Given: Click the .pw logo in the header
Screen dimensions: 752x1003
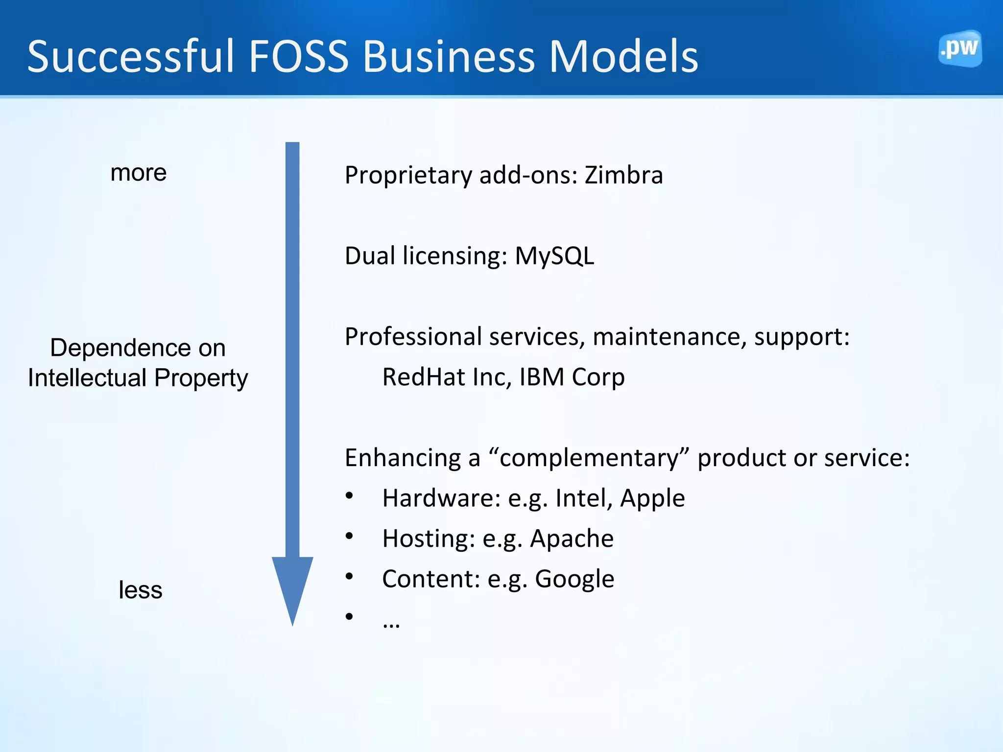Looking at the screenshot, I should coord(960,49).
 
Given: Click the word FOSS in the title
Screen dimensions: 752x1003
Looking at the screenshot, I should coord(298,57).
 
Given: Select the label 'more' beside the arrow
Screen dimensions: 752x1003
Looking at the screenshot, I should coord(139,173).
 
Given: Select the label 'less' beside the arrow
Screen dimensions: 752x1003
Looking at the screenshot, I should coord(140,590).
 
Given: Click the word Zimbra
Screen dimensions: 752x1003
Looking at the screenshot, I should coord(623,175).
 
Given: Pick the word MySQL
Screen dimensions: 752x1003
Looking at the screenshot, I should coord(554,256).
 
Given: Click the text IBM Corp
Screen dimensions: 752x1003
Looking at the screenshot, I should coord(572,377).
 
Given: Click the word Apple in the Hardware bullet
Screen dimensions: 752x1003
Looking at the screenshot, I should coord(652,498).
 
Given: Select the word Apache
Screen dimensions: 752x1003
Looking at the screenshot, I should coord(572,539).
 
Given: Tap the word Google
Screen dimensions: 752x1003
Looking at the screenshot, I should coord(574,579).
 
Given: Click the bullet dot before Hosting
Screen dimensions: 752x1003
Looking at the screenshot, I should coord(349,536).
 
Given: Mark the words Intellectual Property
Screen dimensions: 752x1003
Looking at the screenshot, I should coord(138,378).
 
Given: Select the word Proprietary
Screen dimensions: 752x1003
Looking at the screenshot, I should coord(408,176).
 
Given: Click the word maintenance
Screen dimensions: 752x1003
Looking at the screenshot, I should coord(669,337).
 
